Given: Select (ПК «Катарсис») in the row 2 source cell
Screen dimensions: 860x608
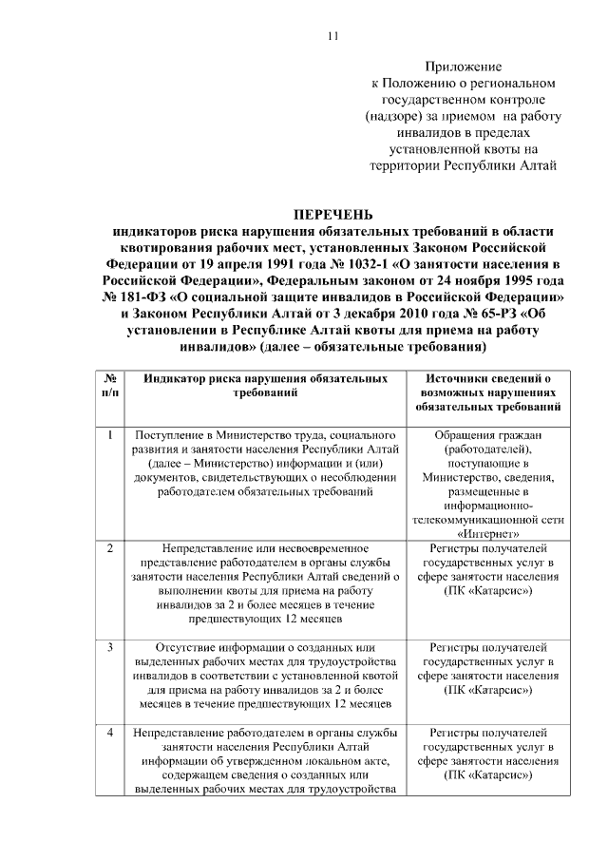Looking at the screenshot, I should pyautogui.click(x=487, y=590).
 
